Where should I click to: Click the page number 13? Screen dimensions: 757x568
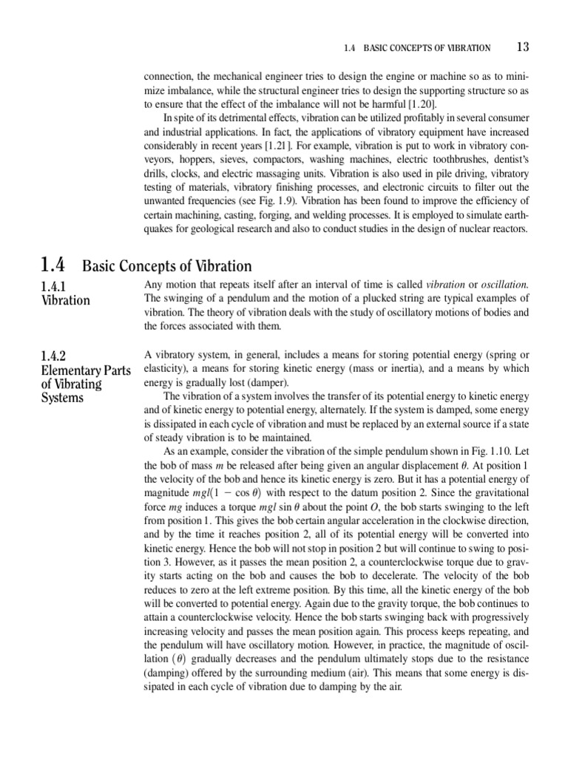(x=522, y=47)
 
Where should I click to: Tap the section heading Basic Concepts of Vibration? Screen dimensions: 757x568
(x=166, y=266)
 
